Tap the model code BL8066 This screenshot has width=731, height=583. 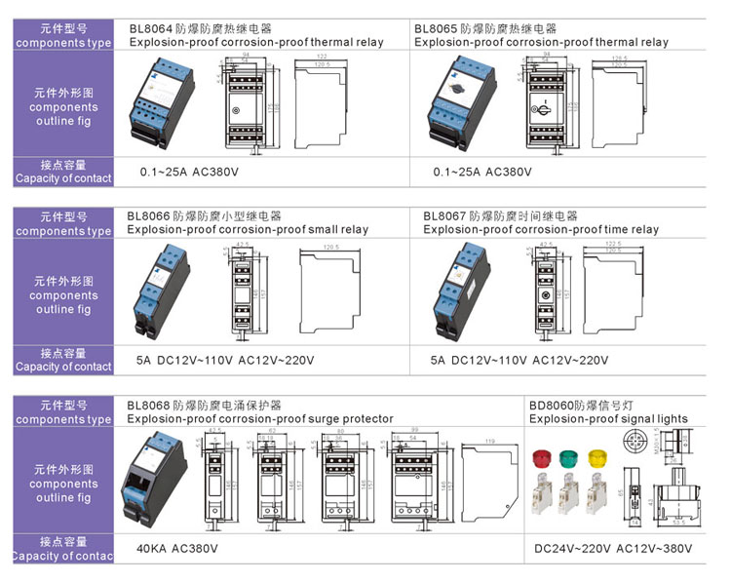(149, 215)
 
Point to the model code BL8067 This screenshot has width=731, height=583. (445, 215)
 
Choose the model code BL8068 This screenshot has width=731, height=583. (149, 405)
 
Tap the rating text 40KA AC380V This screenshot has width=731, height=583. (177, 549)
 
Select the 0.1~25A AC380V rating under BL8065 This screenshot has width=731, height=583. (482, 172)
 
